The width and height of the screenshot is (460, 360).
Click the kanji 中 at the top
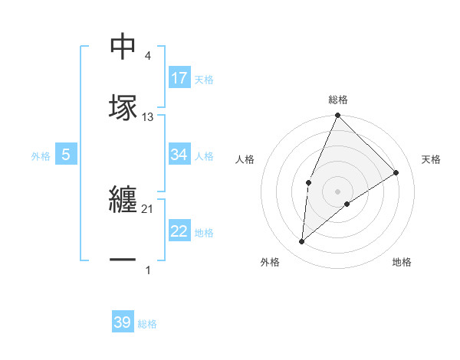[123, 47]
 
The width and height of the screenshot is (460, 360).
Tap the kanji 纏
[123, 201]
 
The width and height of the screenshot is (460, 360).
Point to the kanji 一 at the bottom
[123, 260]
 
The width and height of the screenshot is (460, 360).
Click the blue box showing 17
[179, 78]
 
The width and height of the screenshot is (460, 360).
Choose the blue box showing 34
[179, 155]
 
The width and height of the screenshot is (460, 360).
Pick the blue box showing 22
[179, 231]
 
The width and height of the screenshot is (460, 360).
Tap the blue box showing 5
[66, 155]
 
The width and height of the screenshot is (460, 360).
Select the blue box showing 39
[123, 322]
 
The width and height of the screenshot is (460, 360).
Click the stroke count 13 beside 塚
[148, 117]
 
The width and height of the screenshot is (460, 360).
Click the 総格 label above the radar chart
[337, 100]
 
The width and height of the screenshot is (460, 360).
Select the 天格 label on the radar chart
[431, 159]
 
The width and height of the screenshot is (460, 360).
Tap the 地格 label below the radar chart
[402, 262]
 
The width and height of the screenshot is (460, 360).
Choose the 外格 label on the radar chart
[270, 262]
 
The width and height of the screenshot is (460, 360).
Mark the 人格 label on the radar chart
[245, 159]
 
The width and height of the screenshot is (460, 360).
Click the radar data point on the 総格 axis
[337, 116]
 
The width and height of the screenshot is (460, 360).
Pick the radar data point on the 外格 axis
[302, 241]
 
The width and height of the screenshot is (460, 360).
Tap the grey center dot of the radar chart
[337, 191]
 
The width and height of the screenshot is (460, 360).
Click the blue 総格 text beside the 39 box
[147, 324]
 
